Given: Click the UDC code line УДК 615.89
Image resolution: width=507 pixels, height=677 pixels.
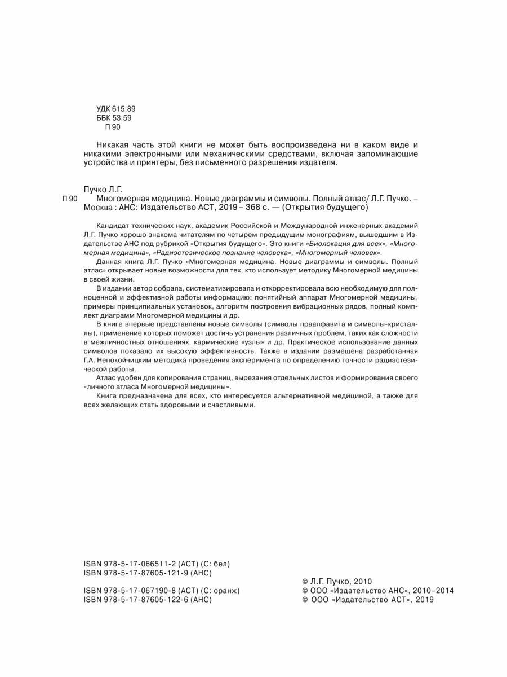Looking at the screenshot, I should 117,108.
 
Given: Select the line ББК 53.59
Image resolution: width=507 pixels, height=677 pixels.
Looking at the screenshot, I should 114,118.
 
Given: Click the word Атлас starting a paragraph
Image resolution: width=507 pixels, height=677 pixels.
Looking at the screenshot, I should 106,377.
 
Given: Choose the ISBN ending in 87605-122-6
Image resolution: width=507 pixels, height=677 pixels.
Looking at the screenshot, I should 147,600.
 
